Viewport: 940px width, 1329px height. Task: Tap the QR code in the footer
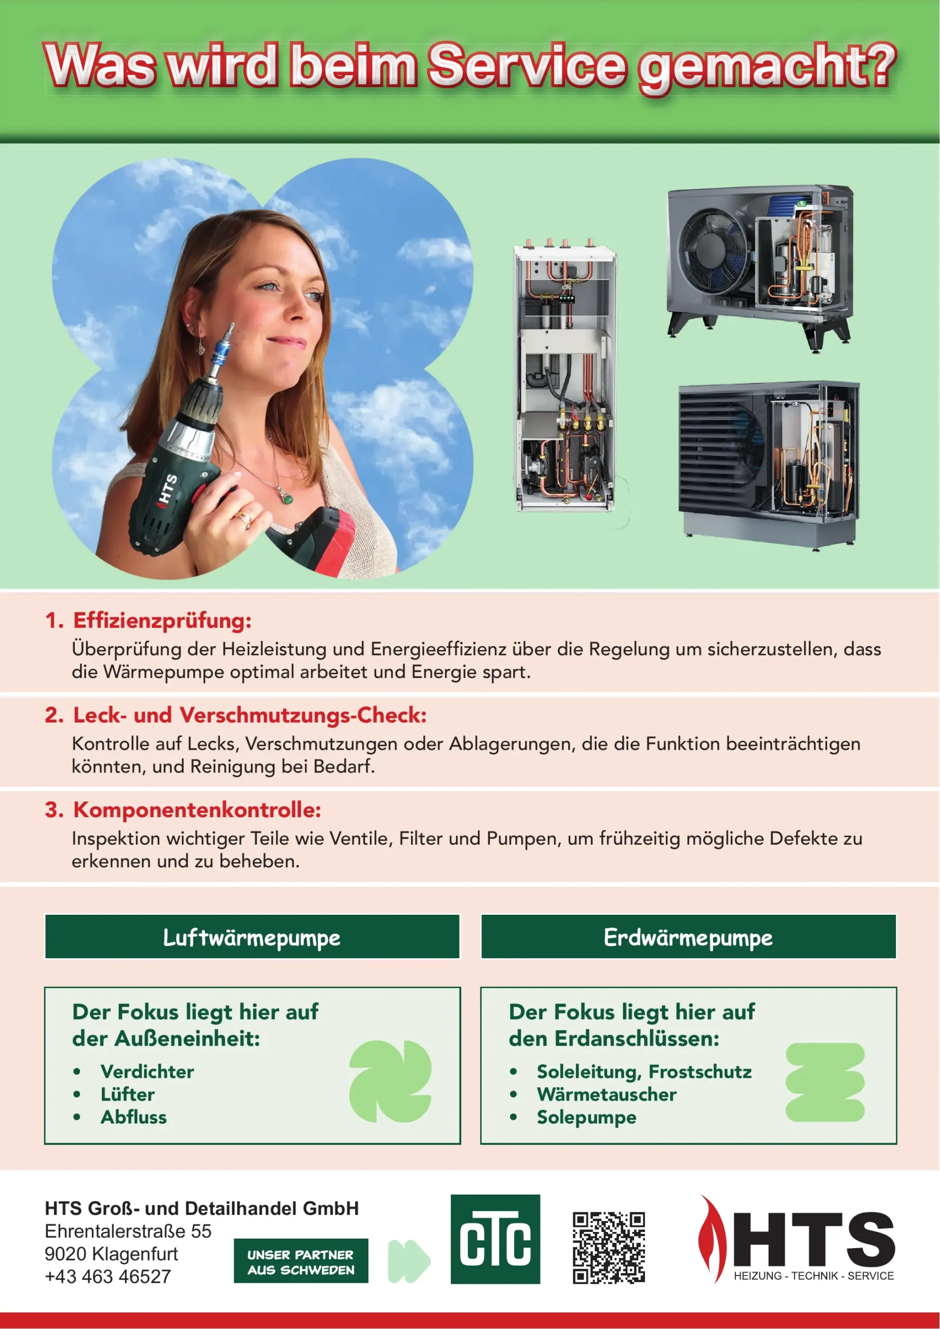[x=609, y=1247]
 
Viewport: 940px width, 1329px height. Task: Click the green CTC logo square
[x=495, y=1239]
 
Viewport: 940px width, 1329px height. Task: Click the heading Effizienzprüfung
[x=162, y=620]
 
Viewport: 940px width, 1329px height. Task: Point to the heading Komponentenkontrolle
[x=197, y=810]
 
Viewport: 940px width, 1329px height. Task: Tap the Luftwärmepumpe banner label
[x=251, y=938]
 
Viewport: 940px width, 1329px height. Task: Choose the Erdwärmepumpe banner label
[x=688, y=938]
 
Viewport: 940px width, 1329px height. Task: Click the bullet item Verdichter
[x=147, y=1072]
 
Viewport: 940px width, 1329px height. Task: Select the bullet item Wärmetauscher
[x=607, y=1094]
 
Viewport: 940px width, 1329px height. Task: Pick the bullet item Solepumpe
[x=586, y=1117]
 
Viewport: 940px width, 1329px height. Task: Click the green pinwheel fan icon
[x=391, y=1081]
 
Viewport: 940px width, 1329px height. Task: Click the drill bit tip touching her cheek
[x=232, y=327]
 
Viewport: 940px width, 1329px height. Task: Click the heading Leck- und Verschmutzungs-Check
[x=250, y=715]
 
